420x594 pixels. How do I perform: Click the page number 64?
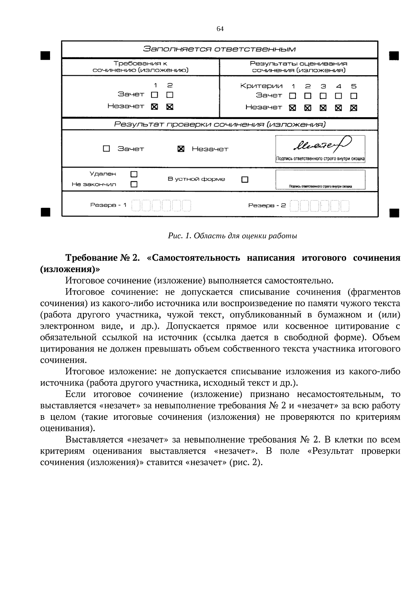point(220,29)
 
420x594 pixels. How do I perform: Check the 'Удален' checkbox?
point(134,174)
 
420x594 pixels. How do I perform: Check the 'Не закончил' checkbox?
point(134,184)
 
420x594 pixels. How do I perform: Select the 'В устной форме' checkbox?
point(245,179)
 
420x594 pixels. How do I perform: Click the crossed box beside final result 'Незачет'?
point(181,149)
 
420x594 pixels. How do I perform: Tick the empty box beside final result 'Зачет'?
point(106,149)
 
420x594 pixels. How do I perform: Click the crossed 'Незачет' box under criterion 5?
point(354,108)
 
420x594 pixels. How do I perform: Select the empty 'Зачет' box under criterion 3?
point(323,96)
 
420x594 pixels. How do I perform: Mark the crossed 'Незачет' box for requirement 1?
point(154,107)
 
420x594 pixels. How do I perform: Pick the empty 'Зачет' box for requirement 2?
point(170,95)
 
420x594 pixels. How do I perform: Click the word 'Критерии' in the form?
point(261,86)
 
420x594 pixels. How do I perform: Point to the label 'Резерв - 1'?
point(108,205)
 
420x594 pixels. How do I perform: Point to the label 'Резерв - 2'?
point(267,205)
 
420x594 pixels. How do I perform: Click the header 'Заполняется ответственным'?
point(219,49)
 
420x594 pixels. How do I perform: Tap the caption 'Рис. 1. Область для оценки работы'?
point(232,236)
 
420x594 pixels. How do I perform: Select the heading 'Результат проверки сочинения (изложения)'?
point(219,124)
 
